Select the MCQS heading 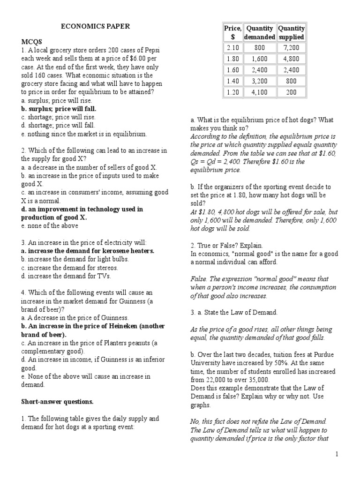coord(30,42)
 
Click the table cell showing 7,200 coord(291,48)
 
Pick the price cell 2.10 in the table coord(232,48)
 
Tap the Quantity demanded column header coord(260,32)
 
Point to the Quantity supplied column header coord(291,32)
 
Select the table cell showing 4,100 coord(260,92)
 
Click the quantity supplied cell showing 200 coord(291,92)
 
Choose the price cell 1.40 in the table coord(232,81)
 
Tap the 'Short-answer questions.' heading coord(57,402)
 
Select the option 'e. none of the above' coord(50,225)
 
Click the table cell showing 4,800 coord(291,59)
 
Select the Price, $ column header coord(232,32)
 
